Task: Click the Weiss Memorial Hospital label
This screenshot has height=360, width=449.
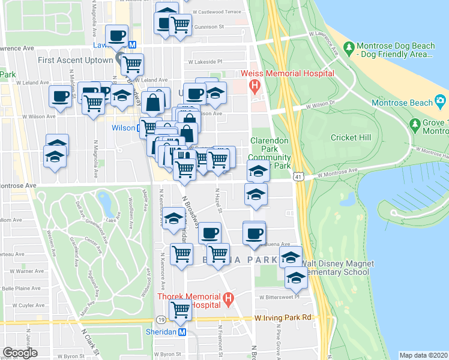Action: pos(287,73)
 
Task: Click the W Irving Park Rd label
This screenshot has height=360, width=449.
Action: pos(284,317)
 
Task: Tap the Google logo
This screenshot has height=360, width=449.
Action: pos(20,352)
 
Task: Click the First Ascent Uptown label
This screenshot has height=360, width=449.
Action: pos(75,60)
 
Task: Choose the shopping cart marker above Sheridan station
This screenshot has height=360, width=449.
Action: pos(180,311)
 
